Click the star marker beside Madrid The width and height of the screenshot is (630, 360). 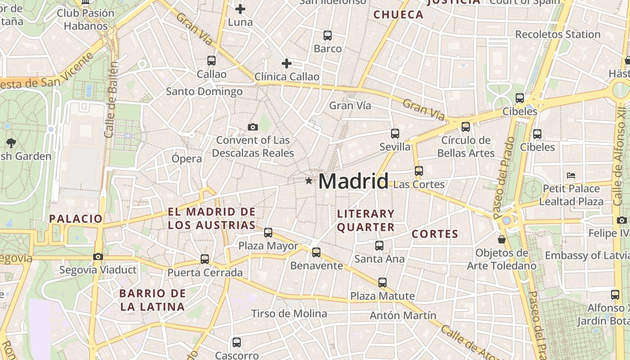pyautogui.click(x=309, y=181)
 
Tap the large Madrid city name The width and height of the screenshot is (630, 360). pyautogui.click(x=353, y=181)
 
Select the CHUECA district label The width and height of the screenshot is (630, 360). pyautogui.click(x=398, y=14)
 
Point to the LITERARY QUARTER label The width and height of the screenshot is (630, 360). pyautogui.click(x=365, y=220)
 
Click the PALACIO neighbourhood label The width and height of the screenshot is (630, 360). pyautogui.click(x=76, y=219)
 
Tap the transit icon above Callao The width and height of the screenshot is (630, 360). pyautogui.click(x=211, y=60)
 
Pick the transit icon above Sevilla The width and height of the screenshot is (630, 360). pyautogui.click(x=395, y=133)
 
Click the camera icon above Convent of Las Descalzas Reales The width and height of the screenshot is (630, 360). pyautogui.click(x=252, y=127)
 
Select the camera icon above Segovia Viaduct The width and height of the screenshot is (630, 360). pyautogui.click(x=98, y=257)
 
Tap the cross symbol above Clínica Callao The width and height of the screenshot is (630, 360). pyautogui.click(x=286, y=63)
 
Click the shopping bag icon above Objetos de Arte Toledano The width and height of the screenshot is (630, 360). pyautogui.click(x=501, y=239)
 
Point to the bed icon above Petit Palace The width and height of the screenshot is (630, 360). pyautogui.click(x=571, y=175)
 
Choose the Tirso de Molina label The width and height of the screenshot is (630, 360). pyautogui.click(x=289, y=313)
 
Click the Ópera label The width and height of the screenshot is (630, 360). pyautogui.click(x=187, y=158)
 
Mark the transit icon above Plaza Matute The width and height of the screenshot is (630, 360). pyautogui.click(x=382, y=283)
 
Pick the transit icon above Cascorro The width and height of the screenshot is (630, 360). pyautogui.click(x=236, y=342)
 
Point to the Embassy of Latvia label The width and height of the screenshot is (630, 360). pyautogui.click(x=587, y=256)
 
